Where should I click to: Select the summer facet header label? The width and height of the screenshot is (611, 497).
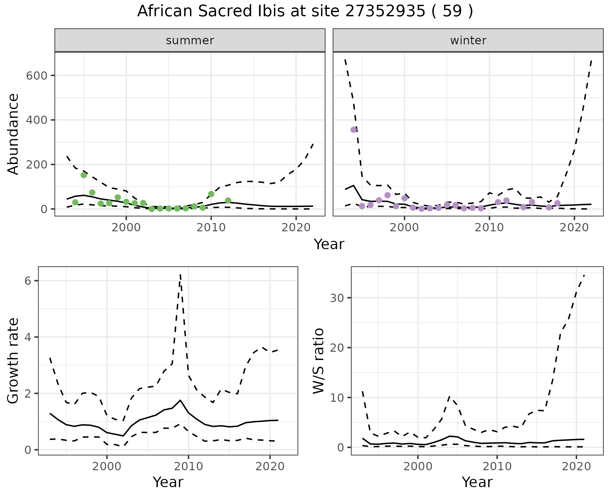[190, 40]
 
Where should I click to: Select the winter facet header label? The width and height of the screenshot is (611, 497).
[468, 40]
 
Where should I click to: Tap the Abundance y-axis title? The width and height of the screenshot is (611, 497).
[13, 134]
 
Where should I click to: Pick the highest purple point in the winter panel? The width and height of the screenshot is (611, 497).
[354, 130]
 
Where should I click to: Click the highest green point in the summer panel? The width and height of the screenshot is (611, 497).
[84, 175]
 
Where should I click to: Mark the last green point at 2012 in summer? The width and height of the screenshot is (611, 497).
[228, 200]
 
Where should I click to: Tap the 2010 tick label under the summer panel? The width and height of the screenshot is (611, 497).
[211, 228]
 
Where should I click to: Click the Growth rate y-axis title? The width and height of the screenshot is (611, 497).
[13, 361]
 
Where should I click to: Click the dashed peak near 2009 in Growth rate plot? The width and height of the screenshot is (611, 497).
[180, 275]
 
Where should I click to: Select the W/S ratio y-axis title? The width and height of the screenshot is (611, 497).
[318, 361]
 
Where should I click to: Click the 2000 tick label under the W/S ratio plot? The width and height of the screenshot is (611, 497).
[418, 467]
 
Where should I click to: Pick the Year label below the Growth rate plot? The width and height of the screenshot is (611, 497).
[168, 482]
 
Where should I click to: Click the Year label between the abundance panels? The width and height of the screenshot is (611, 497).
[329, 244]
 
